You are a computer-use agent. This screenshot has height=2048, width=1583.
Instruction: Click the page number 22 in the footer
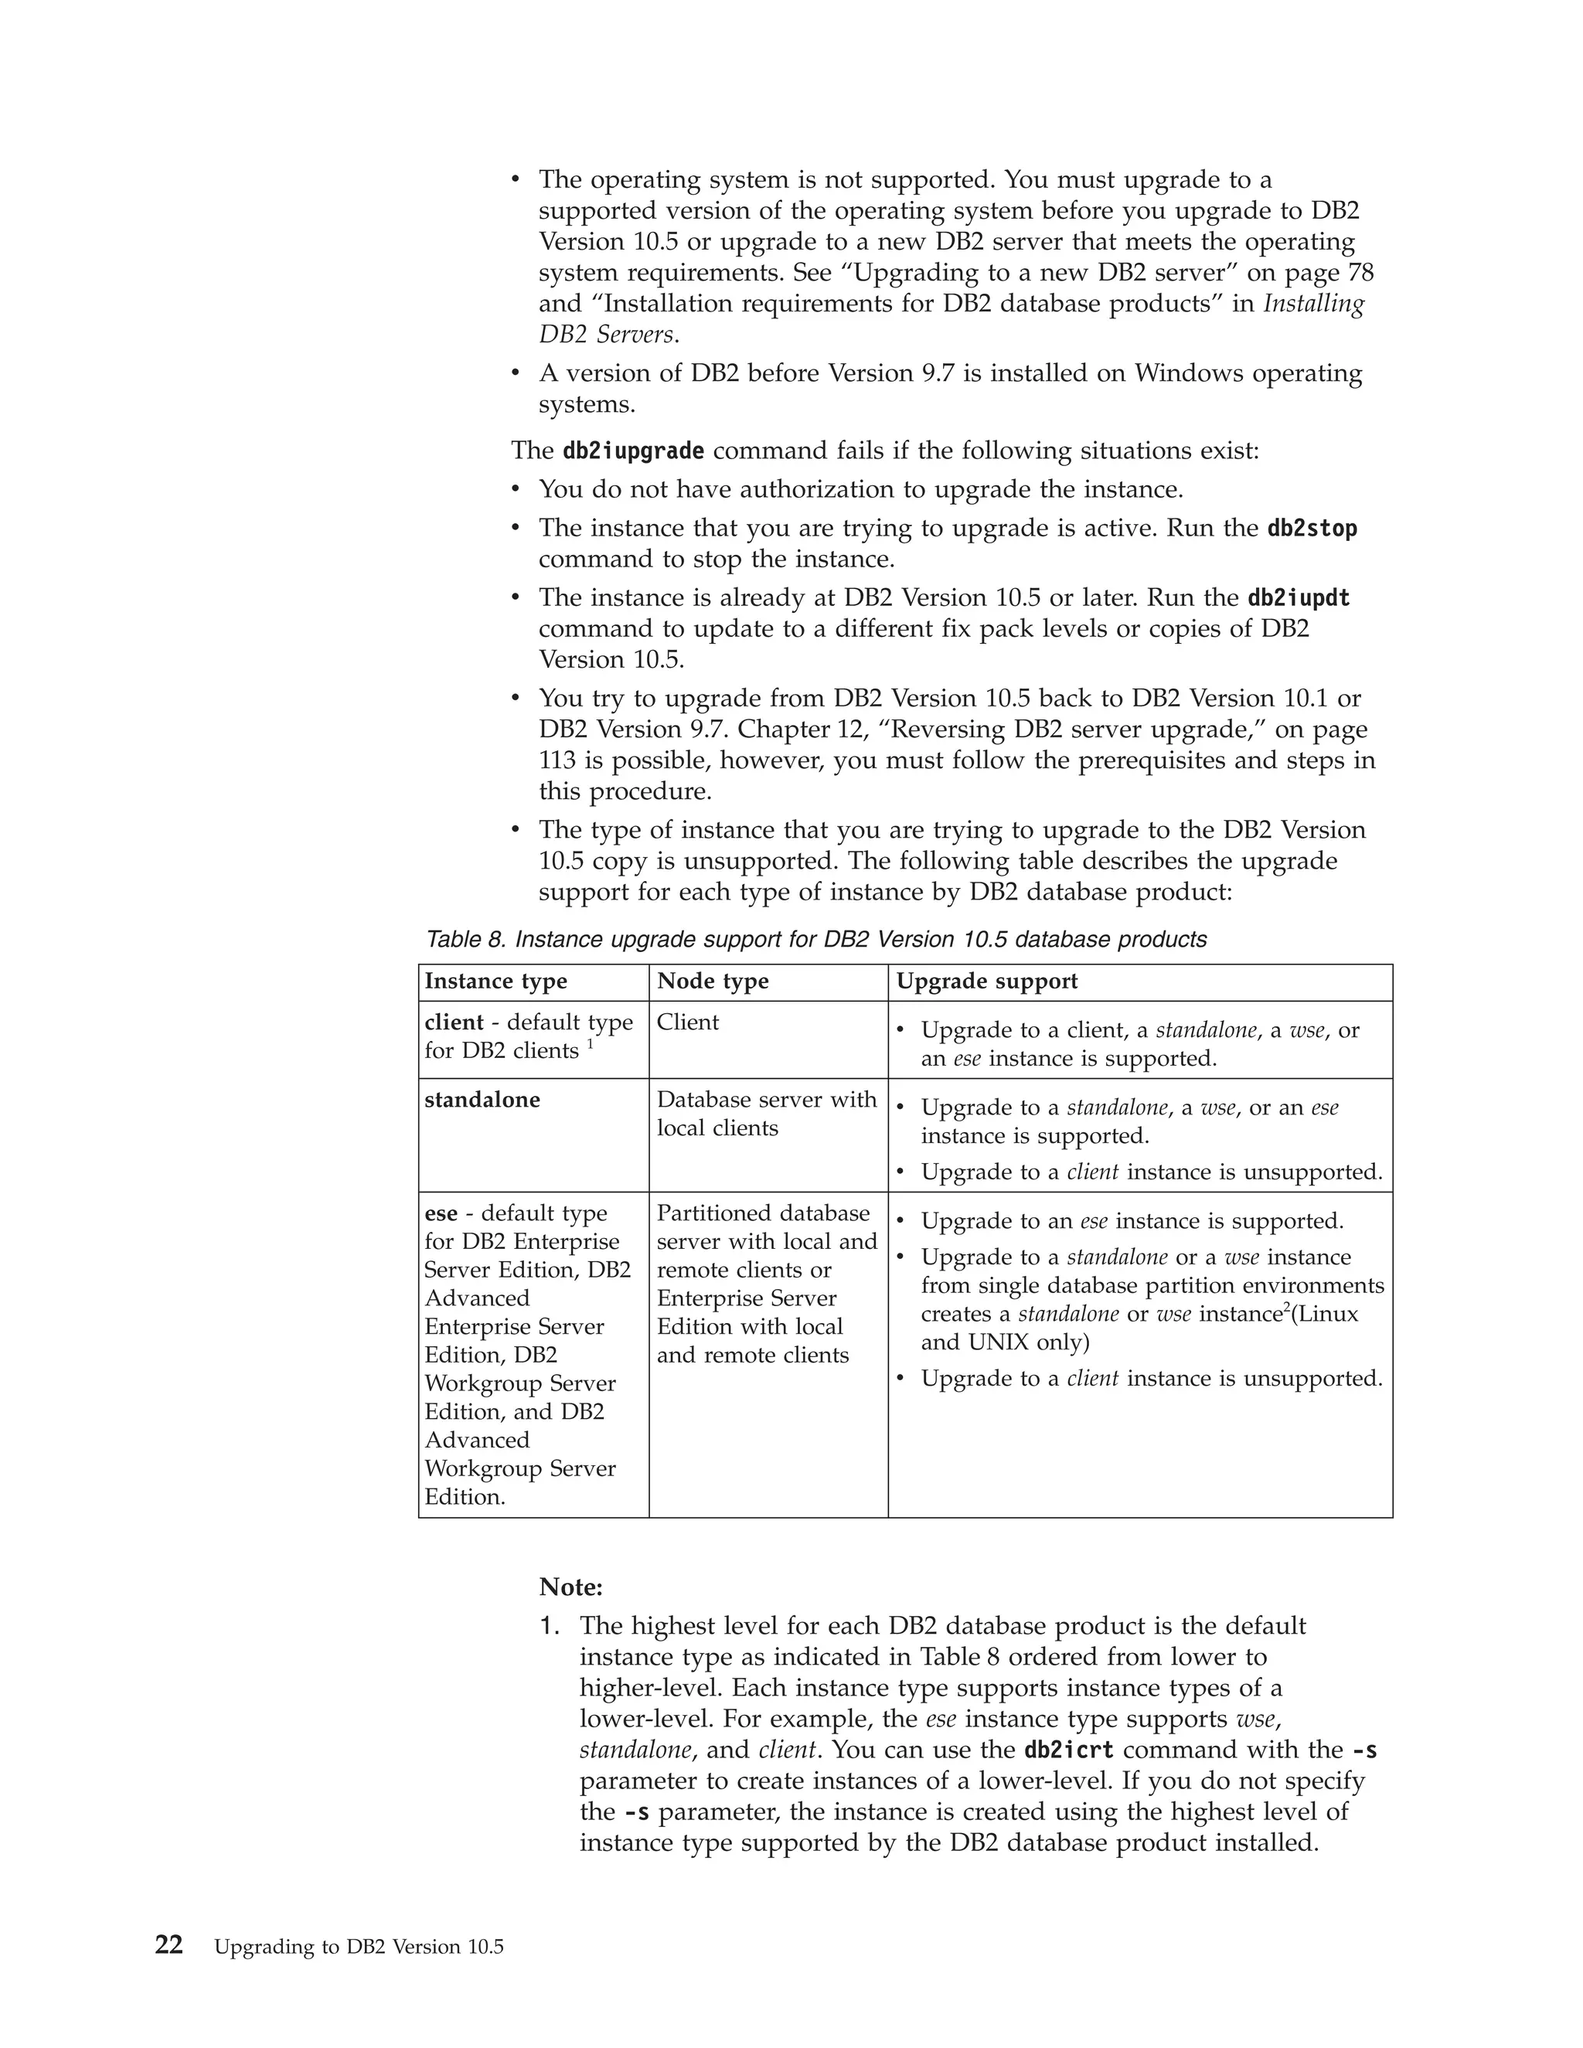click(169, 1945)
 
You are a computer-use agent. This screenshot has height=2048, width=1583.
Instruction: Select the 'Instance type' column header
click(495, 981)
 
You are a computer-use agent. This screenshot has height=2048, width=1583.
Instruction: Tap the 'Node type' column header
click(713, 981)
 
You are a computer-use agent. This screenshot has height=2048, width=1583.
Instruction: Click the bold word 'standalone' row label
click(482, 1099)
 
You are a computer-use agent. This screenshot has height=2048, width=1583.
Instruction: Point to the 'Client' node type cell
click(687, 1022)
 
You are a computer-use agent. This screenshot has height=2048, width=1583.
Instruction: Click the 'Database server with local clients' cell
click(766, 1113)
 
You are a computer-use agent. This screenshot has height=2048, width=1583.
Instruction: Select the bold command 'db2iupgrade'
click(633, 451)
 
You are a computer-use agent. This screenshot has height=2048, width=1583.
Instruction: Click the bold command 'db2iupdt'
click(1298, 598)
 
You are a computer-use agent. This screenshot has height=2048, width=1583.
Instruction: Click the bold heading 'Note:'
click(570, 1587)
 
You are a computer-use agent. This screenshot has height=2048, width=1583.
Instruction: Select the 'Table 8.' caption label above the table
click(466, 940)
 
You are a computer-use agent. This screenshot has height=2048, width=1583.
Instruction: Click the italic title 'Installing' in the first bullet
click(1314, 304)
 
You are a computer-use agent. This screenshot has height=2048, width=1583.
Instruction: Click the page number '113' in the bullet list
click(558, 760)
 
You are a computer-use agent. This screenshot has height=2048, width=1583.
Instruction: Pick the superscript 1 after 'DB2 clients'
click(591, 1043)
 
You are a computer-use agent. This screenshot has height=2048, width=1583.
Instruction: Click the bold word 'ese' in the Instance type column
click(441, 1213)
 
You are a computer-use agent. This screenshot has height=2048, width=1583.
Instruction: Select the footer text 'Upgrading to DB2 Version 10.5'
click(359, 1947)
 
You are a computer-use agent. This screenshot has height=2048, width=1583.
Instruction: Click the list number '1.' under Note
click(550, 1626)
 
